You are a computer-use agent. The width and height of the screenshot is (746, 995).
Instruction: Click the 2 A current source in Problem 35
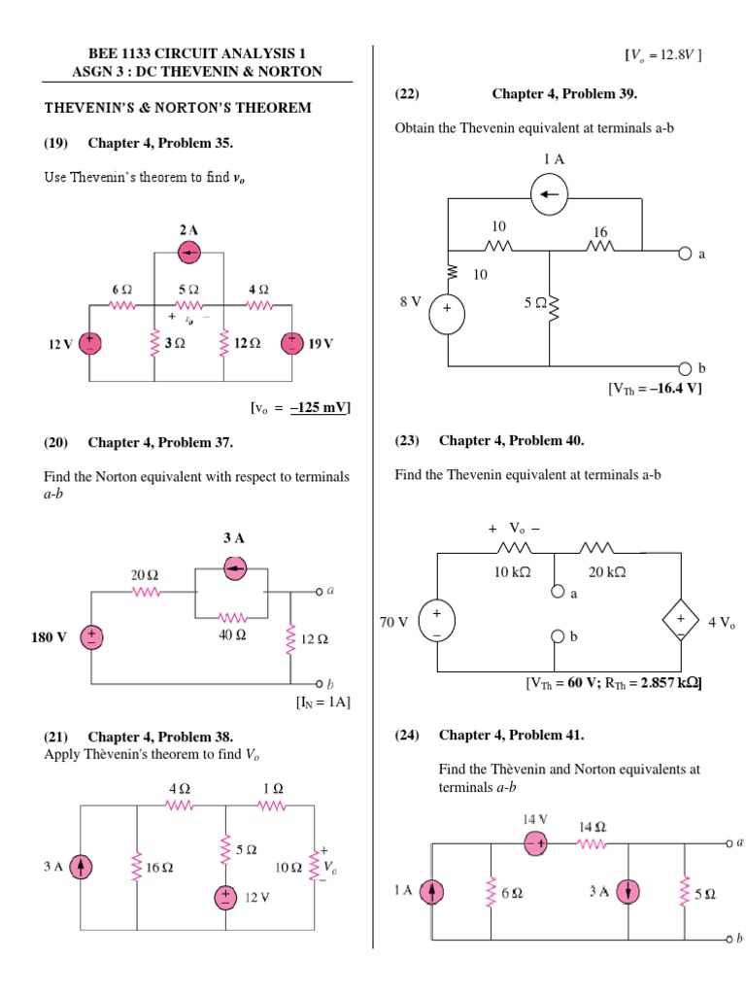[189, 253]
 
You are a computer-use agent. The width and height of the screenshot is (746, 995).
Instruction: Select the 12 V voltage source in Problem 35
[90, 344]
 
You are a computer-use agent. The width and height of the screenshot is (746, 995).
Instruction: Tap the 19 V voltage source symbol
[291, 344]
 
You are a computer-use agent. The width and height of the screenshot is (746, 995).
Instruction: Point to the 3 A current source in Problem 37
[235, 568]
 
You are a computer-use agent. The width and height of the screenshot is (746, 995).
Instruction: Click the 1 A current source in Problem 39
[549, 195]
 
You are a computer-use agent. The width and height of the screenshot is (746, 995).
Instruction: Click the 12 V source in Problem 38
[225, 897]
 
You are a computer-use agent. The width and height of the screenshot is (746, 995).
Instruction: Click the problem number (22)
[407, 94]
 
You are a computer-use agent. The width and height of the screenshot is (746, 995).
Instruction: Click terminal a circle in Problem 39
[685, 254]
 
